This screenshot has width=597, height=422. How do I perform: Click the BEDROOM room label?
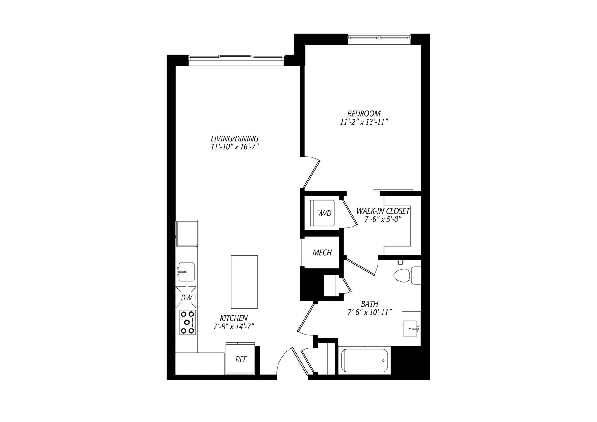pyautogui.click(x=364, y=114)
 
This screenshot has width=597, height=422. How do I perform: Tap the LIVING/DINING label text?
pyautogui.click(x=234, y=139)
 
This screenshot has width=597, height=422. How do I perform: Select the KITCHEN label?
pyautogui.click(x=234, y=318)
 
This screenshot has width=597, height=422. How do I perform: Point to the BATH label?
pyautogui.click(x=370, y=304)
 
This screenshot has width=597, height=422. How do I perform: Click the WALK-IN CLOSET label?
pyautogui.click(x=383, y=211)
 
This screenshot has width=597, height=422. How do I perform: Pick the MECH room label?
pyautogui.click(x=322, y=253)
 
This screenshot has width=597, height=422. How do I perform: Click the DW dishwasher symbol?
pyautogui.click(x=186, y=298)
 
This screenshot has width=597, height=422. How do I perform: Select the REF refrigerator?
pyautogui.click(x=241, y=359)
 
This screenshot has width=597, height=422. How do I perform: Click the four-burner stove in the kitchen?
pyautogui.click(x=187, y=322)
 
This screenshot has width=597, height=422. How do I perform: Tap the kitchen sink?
pyautogui.click(x=186, y=272)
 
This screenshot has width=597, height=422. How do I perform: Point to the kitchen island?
pyautogui.click(x=244, y=282)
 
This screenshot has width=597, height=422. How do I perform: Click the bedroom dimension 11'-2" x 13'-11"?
pyautogui.click(x=364, y=122)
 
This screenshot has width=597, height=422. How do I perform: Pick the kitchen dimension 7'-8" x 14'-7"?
pyautogui.click(x=234, y=327)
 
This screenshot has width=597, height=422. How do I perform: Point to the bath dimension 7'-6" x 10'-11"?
pyautogui.click(x=370, y=312)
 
